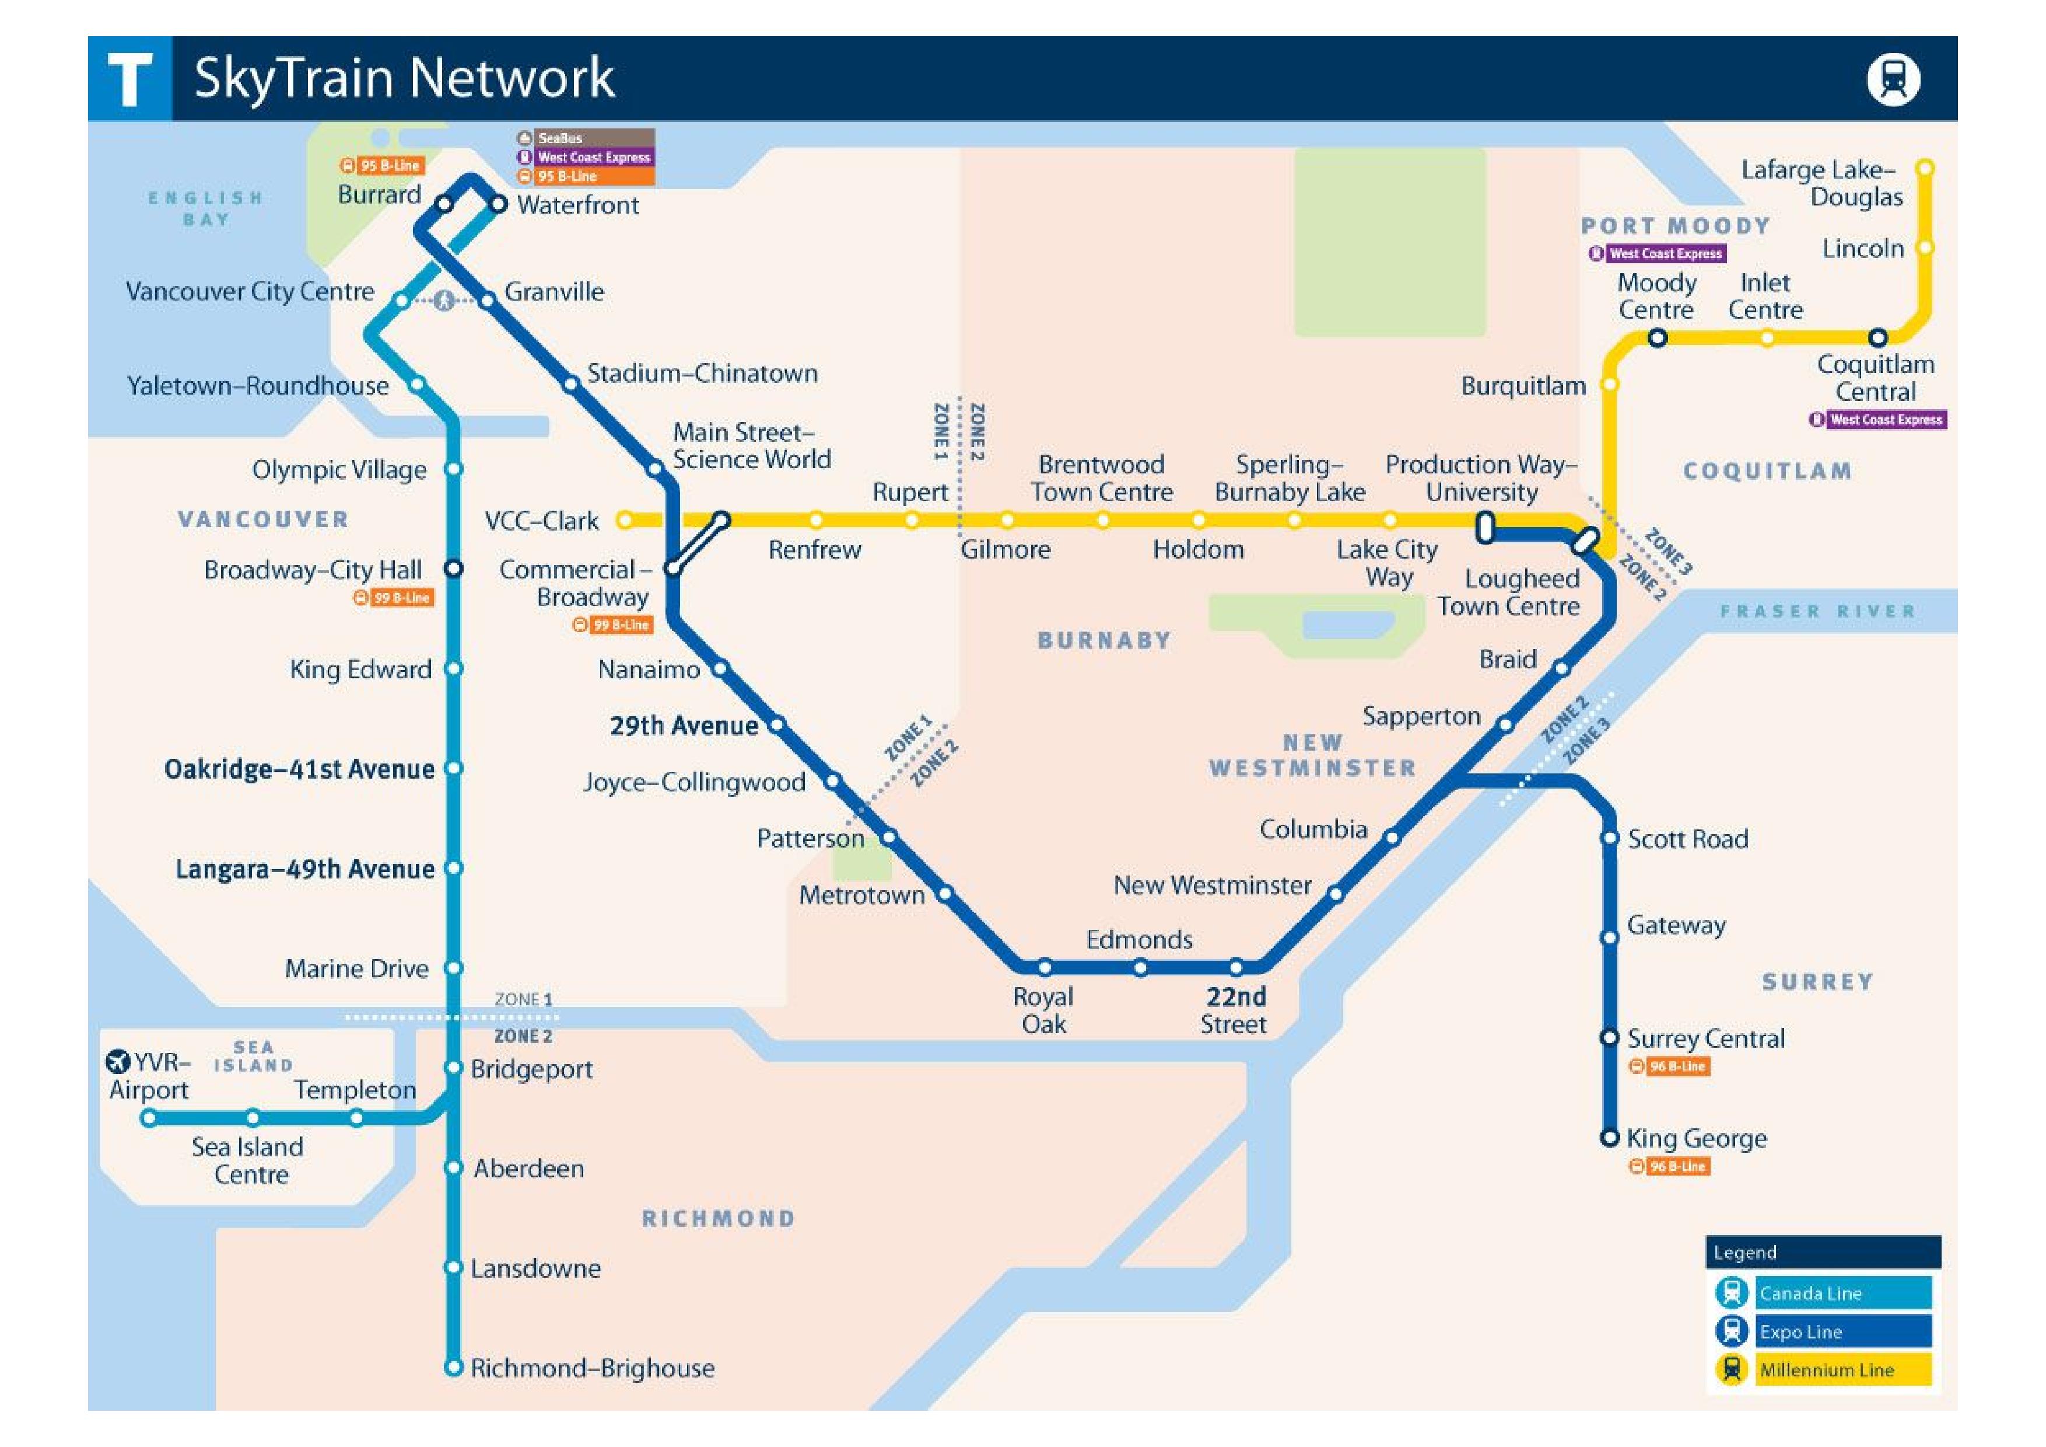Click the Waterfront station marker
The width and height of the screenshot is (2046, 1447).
pyautogui.click(x=499, y=204)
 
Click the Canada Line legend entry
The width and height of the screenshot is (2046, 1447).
pyautogui.click(x=1842, y=1293)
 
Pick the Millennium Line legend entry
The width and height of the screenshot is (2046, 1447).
pyautogui.click(x=1842, y=1369)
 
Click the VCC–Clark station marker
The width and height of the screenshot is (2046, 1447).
pyautogui.click(x=626, y=519)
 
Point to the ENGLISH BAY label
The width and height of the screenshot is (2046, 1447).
pyautogui.click(x=206, y=208)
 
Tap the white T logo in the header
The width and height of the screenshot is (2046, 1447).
pyautogui.click(x=129, y=78)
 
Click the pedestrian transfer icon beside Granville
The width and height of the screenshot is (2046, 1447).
pyautogui.click(x=444, y=301)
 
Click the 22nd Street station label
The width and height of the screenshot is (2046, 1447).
pyautogui.click(x=1235, y=1010)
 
